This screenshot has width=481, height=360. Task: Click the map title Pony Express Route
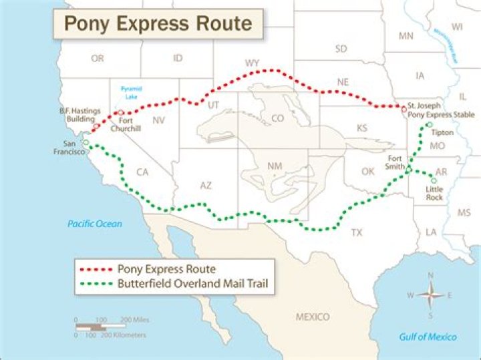(158, 24)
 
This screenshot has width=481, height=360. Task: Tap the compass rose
(431, 294)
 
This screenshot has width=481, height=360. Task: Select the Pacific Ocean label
(95, 224)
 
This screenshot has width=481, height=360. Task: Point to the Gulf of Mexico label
(428, 337)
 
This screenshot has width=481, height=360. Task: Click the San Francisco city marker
(86, 143)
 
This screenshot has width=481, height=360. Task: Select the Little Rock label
(434, 194)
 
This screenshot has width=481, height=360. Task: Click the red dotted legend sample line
(97, 270)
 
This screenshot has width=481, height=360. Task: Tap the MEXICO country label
(313, 317)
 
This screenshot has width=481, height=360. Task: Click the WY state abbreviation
(252, 63)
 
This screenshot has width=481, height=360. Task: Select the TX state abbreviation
(357, 233)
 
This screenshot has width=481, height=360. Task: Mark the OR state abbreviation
(98, 59)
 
